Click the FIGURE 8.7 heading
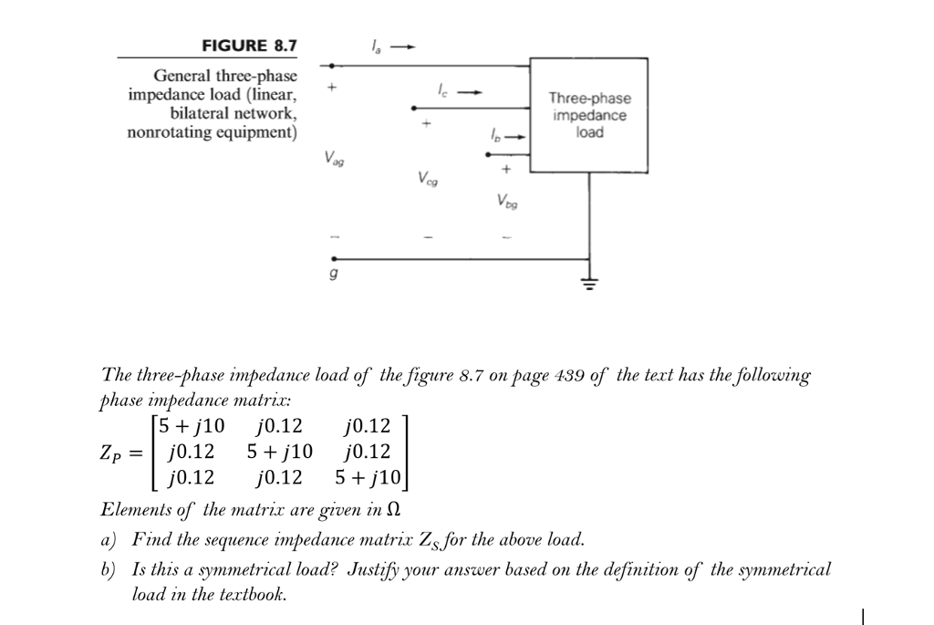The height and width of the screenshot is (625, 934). (248, 46)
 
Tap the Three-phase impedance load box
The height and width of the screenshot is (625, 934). (588, 115)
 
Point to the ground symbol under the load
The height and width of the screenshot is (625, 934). (589, 283)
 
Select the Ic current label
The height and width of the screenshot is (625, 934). (441, 91)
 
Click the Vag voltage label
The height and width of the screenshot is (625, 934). (335, 158)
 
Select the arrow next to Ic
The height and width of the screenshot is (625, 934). (468, 91)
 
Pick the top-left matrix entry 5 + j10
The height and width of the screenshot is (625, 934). (191, 426)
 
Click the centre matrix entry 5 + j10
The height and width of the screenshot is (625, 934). (279, 452)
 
